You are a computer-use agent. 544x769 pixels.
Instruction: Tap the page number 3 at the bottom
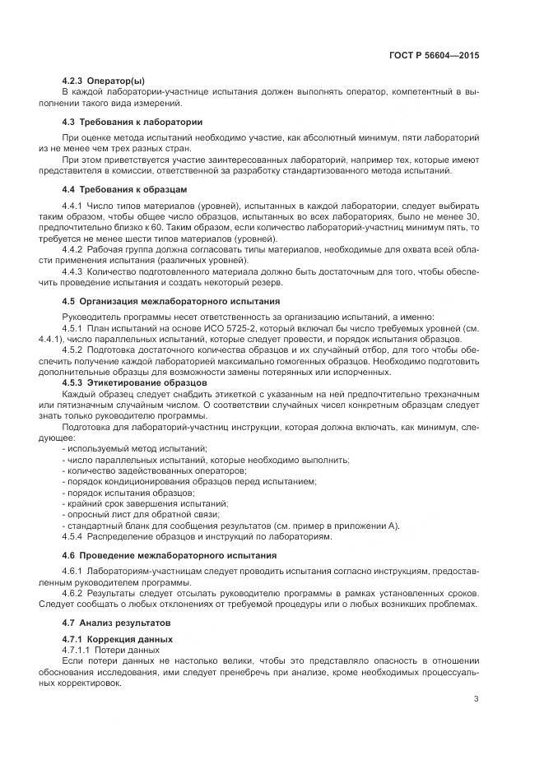pyautogui.click(x=477, y=700)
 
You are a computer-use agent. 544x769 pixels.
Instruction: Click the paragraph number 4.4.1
pyautogui.click(x=73, y=204)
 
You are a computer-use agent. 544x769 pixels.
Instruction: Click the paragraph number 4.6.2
pyautogui.click(x=73, y=593)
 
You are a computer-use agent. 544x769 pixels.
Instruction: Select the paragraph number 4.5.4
pyautogui.click(x=73, y=536)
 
